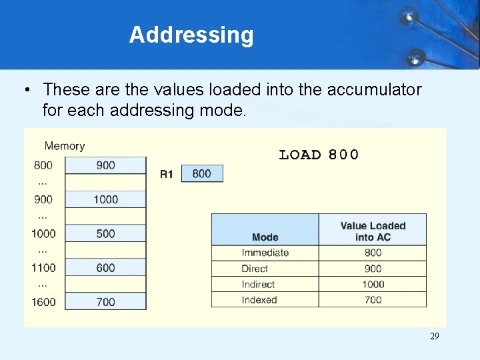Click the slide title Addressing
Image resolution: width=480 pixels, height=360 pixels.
191,35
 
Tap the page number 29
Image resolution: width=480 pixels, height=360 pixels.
434,337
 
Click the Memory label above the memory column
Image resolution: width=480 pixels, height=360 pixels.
65,146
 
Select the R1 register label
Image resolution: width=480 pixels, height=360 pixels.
167,174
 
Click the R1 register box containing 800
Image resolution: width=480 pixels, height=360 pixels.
201,174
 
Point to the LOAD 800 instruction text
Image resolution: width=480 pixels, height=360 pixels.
318,155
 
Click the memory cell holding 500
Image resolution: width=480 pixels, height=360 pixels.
105,233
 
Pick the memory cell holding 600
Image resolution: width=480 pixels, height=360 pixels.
105,267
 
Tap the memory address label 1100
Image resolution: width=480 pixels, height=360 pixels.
43,267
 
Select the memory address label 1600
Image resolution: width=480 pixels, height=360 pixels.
43,302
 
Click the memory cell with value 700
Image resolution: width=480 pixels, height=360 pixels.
105,302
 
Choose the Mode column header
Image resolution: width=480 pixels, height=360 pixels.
265,237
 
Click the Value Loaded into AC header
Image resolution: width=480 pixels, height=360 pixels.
373,231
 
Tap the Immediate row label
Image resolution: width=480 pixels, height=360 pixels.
265,253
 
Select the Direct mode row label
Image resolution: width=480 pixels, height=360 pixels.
255,269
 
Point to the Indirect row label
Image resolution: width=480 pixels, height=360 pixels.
258,284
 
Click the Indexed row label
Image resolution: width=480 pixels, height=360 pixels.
259,300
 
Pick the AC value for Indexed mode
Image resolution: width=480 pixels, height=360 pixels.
373,300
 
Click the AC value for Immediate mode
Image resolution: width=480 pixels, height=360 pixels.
373,253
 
